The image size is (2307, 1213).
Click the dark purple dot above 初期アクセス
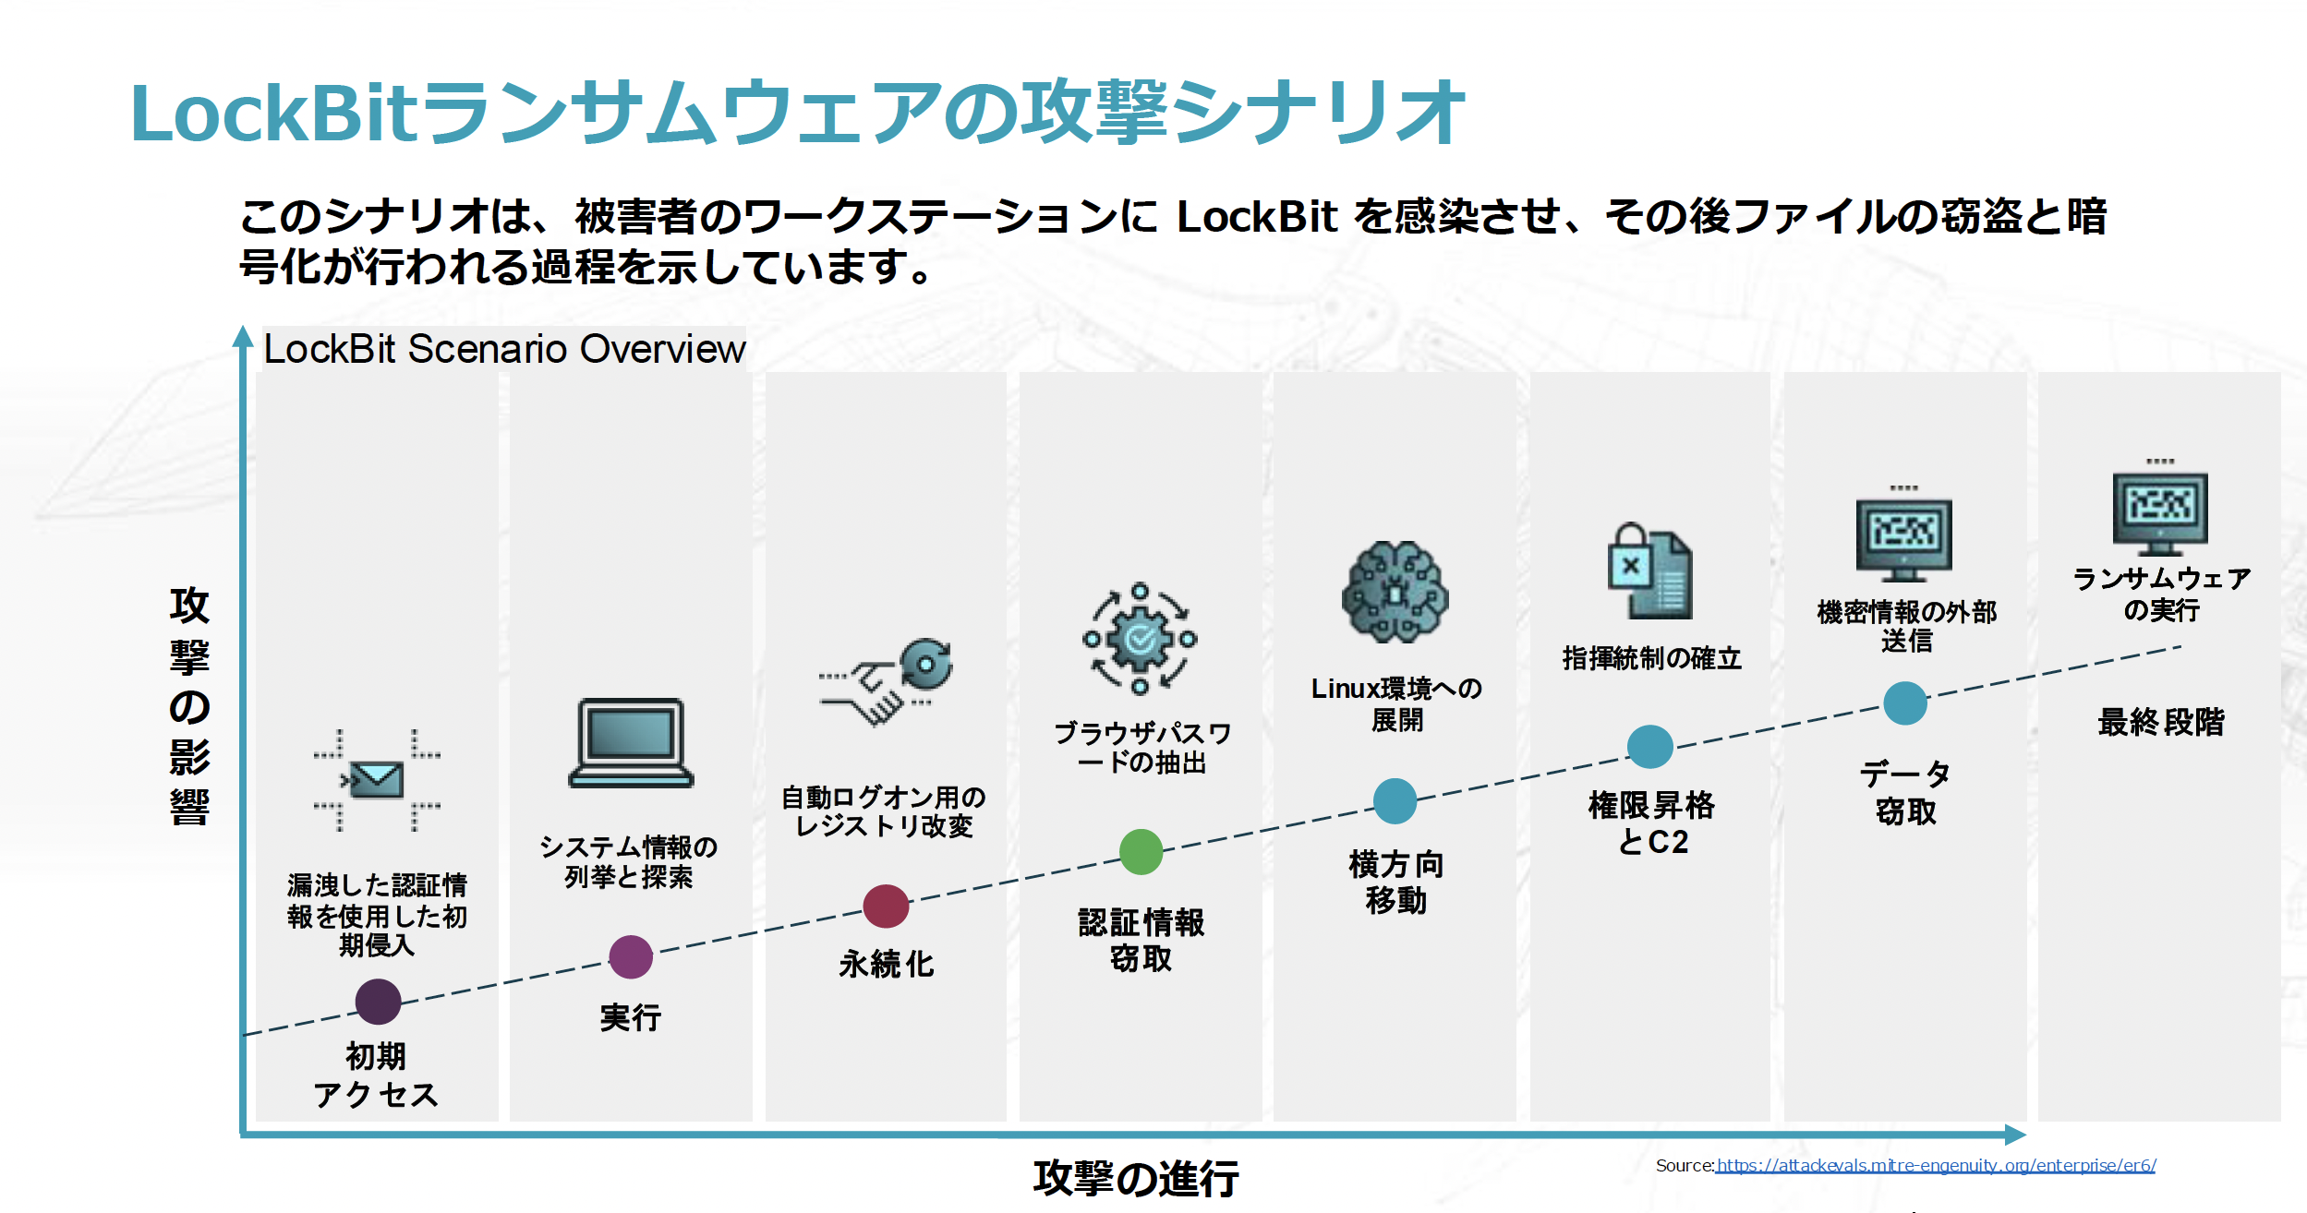(378, 1002)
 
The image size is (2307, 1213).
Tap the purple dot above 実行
(631, 957)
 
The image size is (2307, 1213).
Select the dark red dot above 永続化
(886, 906)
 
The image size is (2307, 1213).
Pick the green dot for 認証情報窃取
(1141, 851)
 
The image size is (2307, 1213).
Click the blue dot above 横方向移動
(1395, 800)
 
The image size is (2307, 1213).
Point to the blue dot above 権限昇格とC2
(1650, 747)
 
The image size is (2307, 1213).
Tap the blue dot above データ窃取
(1905, 703)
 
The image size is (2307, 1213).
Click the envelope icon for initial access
(377, 780)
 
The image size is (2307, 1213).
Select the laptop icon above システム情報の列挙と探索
(631, 743)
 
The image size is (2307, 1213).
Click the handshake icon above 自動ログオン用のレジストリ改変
(886, 682)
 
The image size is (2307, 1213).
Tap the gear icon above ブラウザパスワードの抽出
(1141, 639)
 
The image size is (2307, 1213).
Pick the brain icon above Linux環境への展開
(1395, 592)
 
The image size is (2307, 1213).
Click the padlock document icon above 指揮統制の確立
(1650, 570)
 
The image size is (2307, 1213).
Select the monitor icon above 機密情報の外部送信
(1904, 534)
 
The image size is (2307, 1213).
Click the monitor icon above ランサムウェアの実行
(2160, 507)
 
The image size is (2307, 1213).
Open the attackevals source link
(1936, 1165)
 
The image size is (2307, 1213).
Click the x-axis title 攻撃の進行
(1136, 1178)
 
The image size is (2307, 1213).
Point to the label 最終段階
(2161, 721)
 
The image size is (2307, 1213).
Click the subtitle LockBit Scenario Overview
(504, 349)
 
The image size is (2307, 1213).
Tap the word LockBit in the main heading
(275, 113)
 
